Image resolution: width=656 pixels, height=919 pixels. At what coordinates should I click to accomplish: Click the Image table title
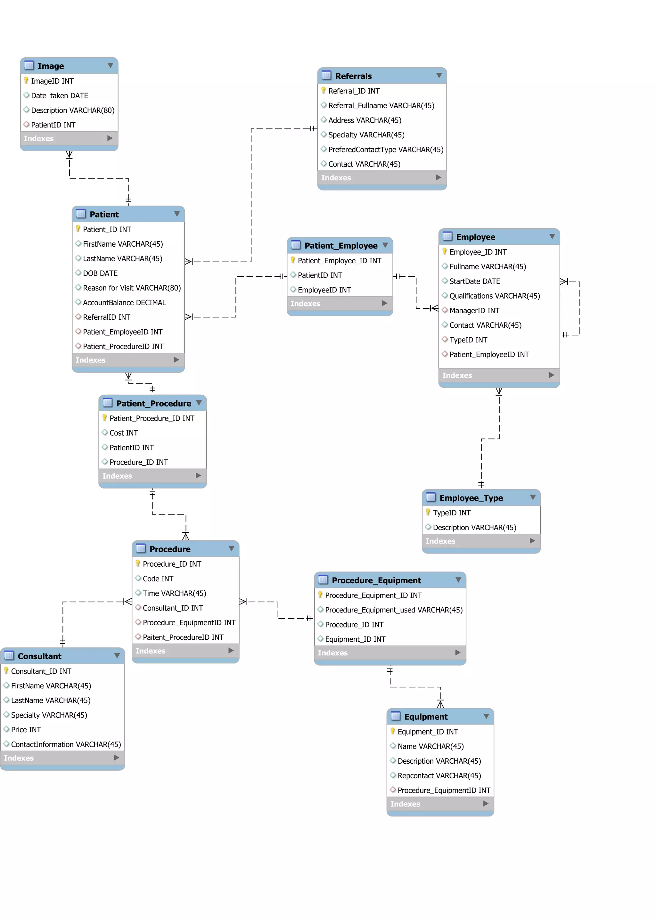[51, 66]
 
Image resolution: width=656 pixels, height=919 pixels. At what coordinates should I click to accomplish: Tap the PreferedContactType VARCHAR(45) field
[385, 150]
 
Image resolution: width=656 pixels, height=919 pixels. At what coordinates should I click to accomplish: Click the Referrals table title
[353, 76]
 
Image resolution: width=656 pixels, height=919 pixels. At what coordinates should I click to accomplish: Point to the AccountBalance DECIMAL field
[124, 303]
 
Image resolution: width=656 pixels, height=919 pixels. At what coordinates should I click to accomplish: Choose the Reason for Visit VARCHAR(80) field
[132, 288]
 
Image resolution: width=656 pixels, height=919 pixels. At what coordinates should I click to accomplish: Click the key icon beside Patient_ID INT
[78, 229]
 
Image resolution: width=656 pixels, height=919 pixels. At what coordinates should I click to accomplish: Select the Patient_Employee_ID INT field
[339, 260]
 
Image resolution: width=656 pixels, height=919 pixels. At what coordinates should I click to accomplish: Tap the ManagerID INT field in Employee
[474, 311]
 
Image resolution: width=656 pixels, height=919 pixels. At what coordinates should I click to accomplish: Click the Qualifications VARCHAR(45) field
[495, 296]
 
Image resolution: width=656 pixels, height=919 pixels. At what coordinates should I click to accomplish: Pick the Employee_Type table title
[471, 498]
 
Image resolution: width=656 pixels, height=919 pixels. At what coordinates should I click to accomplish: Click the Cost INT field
[124, 433]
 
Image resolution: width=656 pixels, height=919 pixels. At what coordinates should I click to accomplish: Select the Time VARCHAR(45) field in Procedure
[174, 594]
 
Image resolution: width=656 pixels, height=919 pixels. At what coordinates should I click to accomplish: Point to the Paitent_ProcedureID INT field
[183, 637]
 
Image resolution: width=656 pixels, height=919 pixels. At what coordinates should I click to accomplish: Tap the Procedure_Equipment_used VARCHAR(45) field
[393, 610]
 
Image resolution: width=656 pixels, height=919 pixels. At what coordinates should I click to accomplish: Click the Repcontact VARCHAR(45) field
[439, 775]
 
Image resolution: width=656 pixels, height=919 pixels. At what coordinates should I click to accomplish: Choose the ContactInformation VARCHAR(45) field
[66, 744]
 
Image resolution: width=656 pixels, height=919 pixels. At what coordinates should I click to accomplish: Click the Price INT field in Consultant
[26, 730]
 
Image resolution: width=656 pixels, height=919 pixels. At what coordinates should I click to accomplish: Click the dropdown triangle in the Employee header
[552, 236]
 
